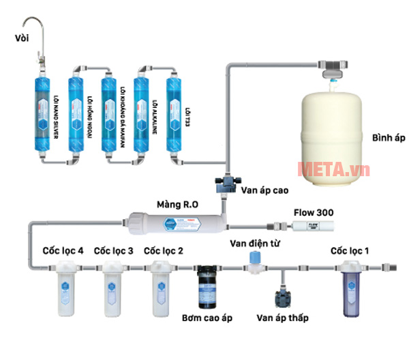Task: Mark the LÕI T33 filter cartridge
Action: coord(176,109)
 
